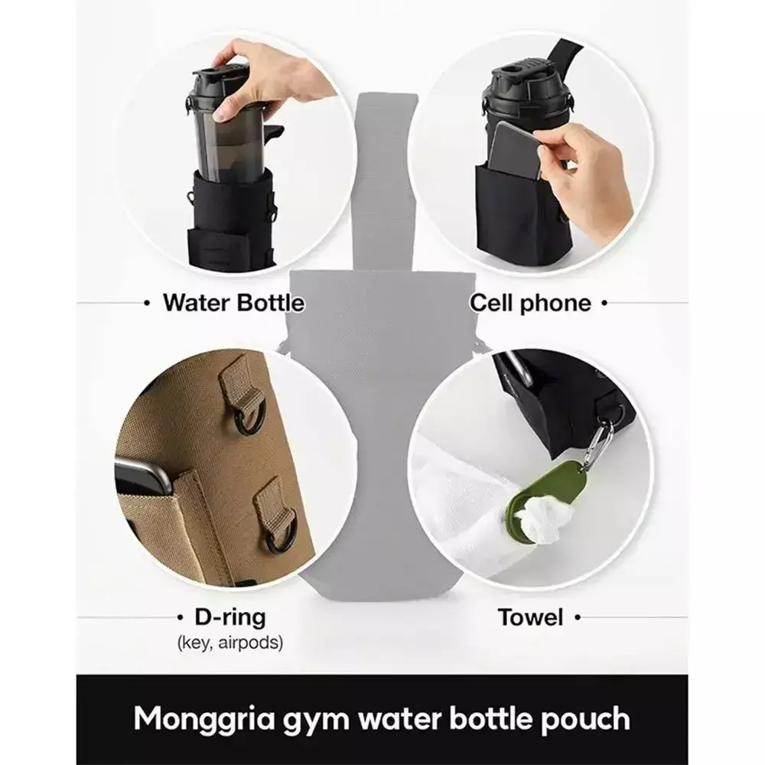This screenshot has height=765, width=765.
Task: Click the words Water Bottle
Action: (x=233, y=303)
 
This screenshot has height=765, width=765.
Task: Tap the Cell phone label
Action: (x=530, y=303)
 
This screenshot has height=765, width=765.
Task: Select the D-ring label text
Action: (x=230, y=617)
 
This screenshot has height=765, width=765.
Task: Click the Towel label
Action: (x=530, y=617)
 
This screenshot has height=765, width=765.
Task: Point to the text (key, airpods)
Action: (x=230, y=643)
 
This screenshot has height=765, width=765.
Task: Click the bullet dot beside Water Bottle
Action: (x=147, y=303)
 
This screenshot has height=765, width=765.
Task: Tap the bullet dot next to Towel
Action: (x=578, y=617)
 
